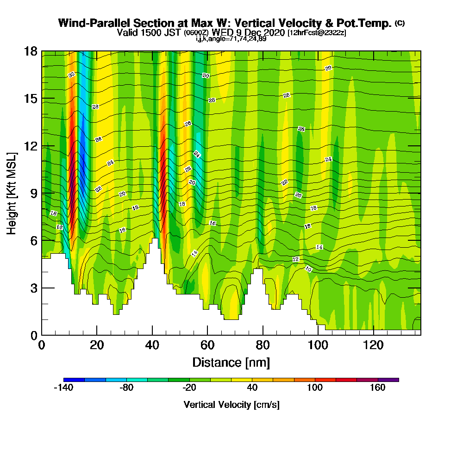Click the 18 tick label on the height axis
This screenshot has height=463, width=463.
(x=31, y=51)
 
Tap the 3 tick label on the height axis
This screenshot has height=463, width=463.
(x=34, y=288)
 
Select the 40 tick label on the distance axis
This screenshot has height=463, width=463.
(x=152, y=345)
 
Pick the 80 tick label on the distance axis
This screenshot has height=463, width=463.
(x=263, y=345)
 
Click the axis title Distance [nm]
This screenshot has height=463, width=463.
(x=231, y=362)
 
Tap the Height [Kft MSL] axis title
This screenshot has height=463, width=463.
(x=12, y=193)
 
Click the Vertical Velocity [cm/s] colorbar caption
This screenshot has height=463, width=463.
(x=231, y=405)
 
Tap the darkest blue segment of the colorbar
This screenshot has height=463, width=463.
(x=74, y=380)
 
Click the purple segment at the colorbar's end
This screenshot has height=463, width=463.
(x=388, y=380)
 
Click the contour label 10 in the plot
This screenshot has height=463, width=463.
(x=308, y=269)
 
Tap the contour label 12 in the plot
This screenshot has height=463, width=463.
(x=296, y=259)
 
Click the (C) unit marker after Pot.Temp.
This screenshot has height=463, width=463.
(x=400, y=23)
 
